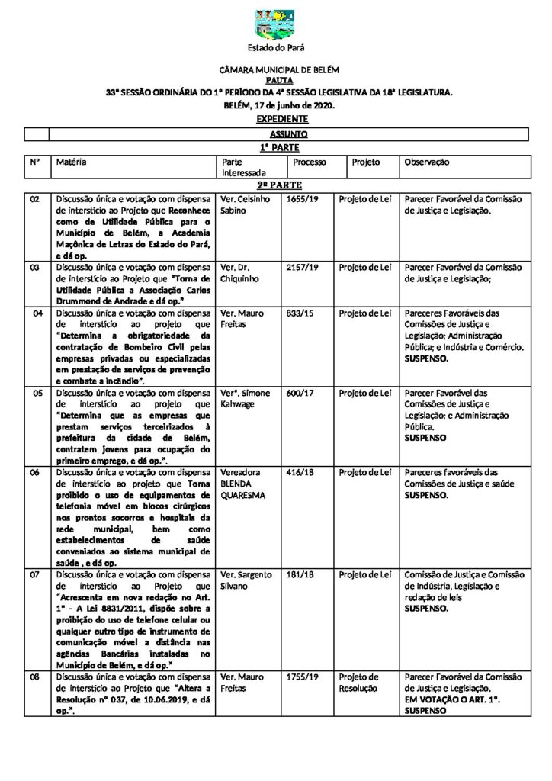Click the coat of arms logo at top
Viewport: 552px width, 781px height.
tap(275, 24)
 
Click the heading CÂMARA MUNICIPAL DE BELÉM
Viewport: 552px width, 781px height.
tap(275, 69)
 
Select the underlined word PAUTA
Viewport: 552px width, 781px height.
tap(276, 79)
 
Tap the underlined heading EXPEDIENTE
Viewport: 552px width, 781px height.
tap(282, 119)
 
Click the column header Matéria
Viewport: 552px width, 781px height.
tap(72, 162)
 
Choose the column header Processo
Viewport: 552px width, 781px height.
tap(310, 162)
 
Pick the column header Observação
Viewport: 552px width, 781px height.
tap(427, 162)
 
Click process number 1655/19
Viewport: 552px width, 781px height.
tap(303, 199)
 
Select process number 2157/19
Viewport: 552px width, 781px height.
tap(303, 268)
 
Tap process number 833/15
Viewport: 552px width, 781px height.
tap(300, 313)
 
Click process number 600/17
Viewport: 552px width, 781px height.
tap(300, 393)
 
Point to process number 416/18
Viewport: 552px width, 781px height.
tap(300, 472)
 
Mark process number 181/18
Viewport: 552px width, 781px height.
tap(300, 574)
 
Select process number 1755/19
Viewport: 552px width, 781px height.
tap(303, 677)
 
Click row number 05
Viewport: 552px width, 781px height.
tap(35, 393)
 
